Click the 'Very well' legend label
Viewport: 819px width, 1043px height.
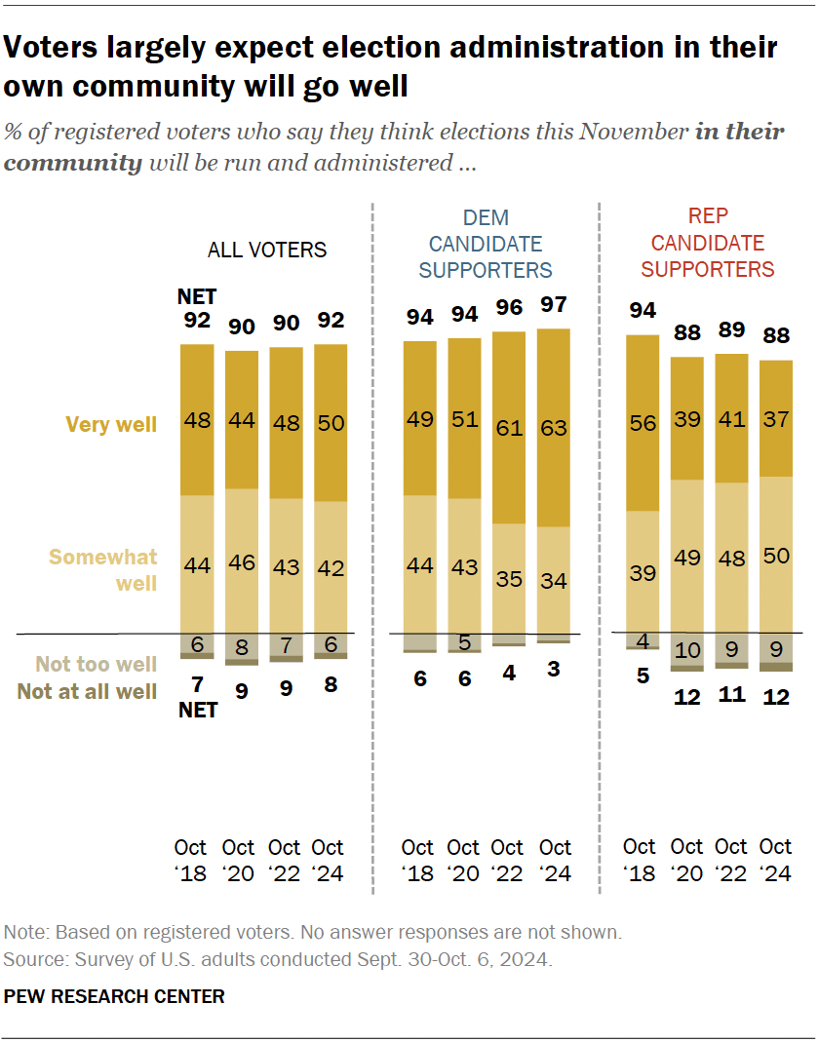110,424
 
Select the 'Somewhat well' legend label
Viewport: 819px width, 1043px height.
102,569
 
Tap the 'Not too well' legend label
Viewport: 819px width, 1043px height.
96,664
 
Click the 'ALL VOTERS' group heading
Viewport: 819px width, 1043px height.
267,250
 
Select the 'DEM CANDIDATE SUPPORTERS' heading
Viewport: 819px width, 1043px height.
486,244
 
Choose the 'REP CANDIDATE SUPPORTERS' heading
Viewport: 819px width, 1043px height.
708,243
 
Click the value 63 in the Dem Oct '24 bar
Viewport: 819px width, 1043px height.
554,427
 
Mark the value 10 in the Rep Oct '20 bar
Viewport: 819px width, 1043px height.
686,649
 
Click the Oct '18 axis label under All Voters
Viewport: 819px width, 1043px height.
191,860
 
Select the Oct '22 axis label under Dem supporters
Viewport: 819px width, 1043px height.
507,860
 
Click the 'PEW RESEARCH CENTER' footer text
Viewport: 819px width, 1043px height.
114,996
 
